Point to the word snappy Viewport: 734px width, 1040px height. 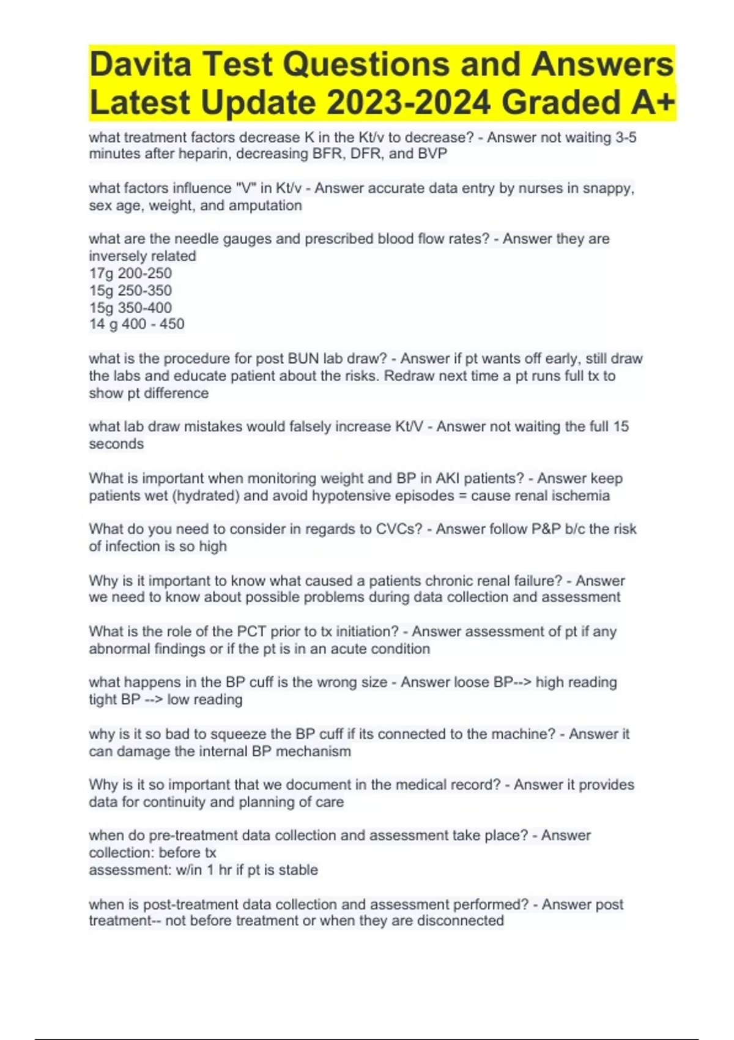[608, 188]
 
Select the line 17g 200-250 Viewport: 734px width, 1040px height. [130, 273]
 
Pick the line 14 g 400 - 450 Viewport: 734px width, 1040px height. [136, 324]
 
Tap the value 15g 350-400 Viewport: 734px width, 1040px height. [130, 308]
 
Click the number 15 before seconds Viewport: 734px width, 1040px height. [620, 426]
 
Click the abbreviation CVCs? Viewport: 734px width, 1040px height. [398, 529]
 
